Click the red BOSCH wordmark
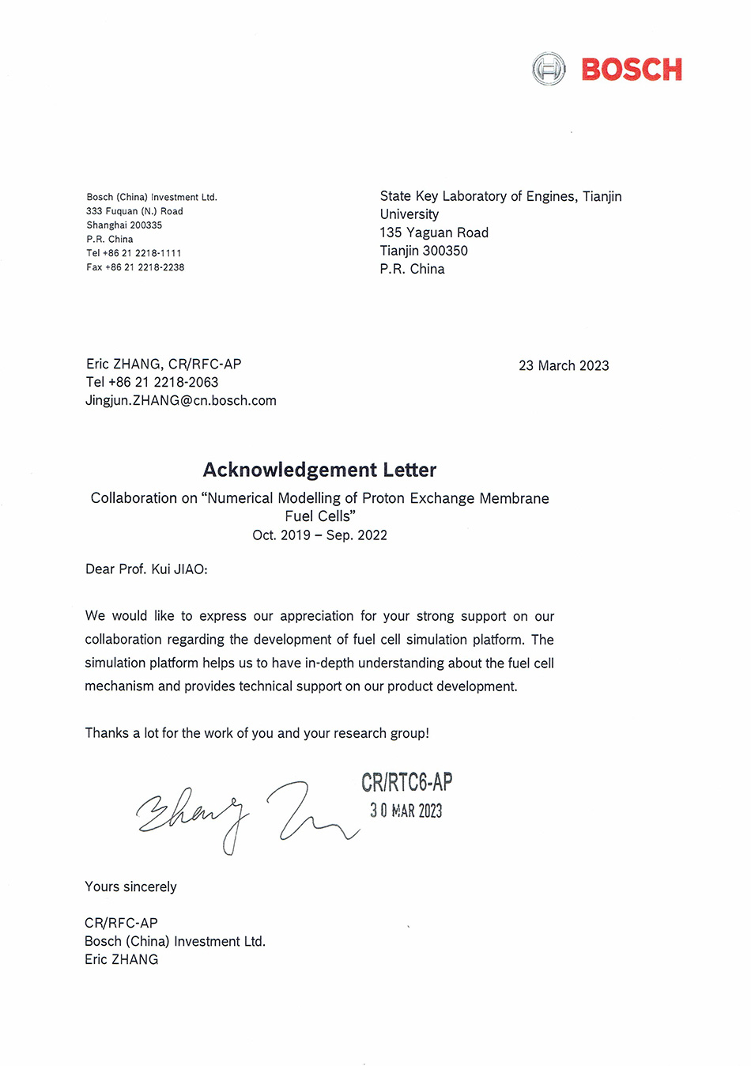(631, 70)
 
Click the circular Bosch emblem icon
(549, 70)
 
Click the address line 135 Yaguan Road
(434, 232)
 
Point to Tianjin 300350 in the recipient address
(424, 251)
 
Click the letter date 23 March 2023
(564, 365)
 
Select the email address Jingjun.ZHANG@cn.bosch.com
(181, 400)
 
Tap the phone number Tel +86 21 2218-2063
(152, 382)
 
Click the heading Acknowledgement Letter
(319, 470)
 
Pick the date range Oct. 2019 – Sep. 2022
(319, 535)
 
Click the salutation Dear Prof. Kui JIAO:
(146, 569)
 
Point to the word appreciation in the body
(317, 616)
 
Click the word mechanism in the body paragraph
(119, 686)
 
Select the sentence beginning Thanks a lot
(257, 733)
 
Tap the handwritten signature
(245, 815)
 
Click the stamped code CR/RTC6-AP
(406, 783)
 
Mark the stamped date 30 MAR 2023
(406, 811)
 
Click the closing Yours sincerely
(130, 886)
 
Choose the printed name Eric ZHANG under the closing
(121, 959)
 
